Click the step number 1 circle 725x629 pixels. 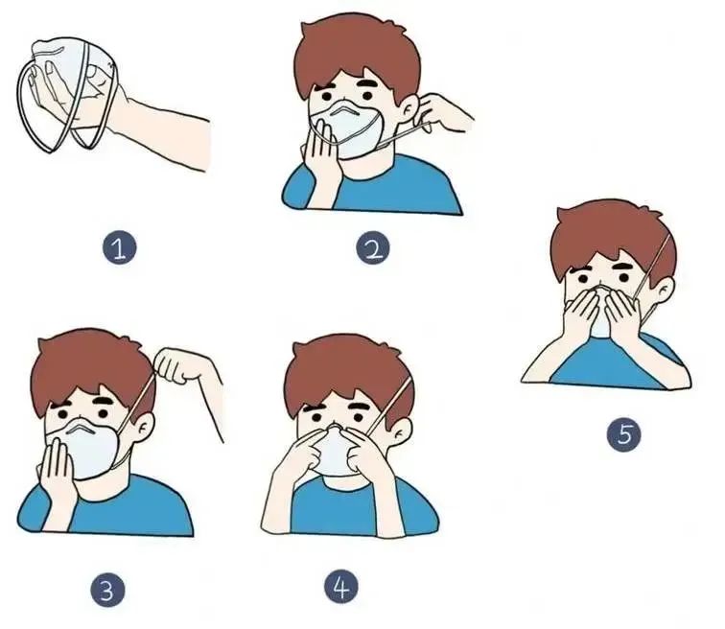click(119, 248)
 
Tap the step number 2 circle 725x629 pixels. click(373, 248)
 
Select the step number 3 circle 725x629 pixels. click(107, 591)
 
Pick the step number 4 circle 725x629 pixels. click(341, 587)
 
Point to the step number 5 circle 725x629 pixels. click(624, 435)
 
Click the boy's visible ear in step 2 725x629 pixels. click(409, 110)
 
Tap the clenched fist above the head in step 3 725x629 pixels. click(173, 365)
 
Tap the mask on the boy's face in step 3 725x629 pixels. click(89, 449)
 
